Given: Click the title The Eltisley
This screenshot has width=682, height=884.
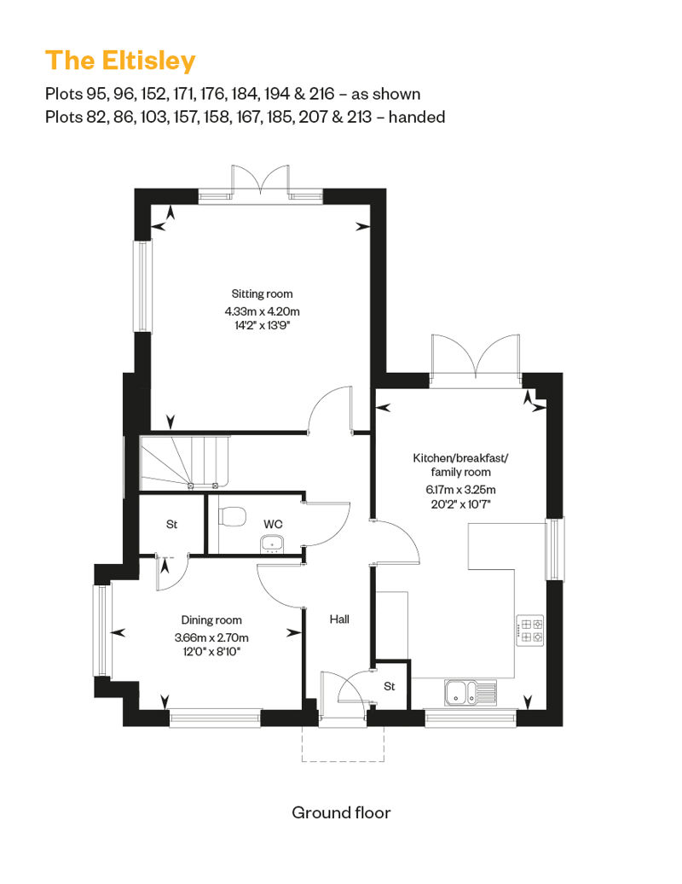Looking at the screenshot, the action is (x=120, y=61).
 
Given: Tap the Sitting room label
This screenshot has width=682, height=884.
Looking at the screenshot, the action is (x=262, y=294).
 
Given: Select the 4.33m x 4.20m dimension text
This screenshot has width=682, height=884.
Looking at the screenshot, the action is (x=262, y=311).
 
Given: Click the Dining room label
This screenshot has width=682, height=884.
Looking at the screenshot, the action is (x=211, y=620).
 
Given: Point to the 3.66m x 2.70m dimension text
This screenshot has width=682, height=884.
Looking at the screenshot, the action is (x=211, y=637).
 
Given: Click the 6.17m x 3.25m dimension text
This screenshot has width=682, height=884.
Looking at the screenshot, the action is (x=460, y=490).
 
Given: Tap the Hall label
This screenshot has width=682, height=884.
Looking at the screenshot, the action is (x=339, y=619).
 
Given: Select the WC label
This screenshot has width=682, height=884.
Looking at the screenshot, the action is (x=273, y=524).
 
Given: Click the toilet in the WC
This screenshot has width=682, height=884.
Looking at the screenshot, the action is (x=232, y=516).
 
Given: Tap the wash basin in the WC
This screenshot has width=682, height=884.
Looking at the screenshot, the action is (x=273, y=544).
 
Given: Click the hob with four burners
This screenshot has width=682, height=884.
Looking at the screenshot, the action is (x=530, y=631).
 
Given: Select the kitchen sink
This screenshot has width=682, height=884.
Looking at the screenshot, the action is (x=471, y=693).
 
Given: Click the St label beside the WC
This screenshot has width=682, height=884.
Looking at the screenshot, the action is (x=171, y=524).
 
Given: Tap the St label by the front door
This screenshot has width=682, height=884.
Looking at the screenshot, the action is (x=389, y=686).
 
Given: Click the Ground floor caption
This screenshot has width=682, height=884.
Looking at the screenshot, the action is (x=341, y=812).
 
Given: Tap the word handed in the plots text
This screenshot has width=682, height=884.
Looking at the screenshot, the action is (x=417, y=117).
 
